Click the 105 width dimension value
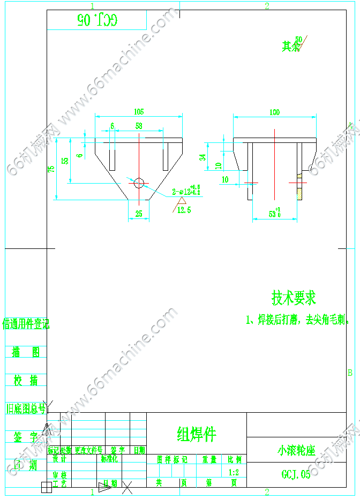[139, 112]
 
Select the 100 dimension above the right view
[274, 112]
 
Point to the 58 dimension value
[139, 126]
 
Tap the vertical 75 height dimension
[51, 169]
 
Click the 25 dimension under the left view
[139, 214]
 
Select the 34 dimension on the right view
[202, 157]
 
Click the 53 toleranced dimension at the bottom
[275, 214]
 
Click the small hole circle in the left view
[139, 183]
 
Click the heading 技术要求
[294, 298]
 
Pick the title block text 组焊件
[196, 434]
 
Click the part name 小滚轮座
[296, 450]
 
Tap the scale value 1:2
[234, 473]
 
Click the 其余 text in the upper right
[291, 47]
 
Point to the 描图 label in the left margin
[26, 352]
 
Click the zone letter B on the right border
[350, 372]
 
